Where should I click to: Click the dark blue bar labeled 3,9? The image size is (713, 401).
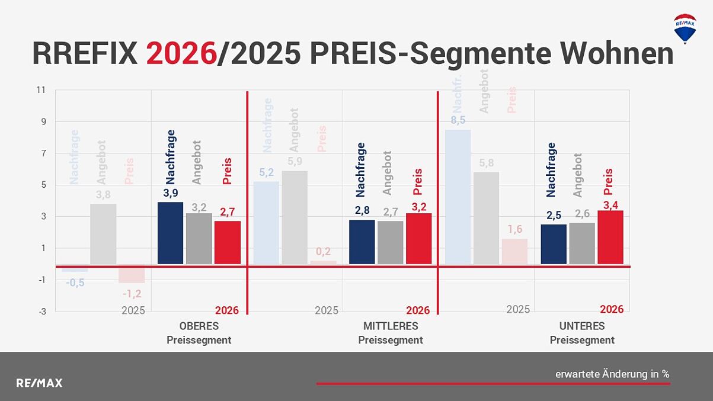(x=170, y=233)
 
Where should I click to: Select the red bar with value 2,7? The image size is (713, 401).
(x=227, y=242)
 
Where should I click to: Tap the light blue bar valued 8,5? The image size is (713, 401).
(x=458, y=197)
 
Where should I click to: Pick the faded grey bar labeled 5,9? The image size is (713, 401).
(x=295, y=217)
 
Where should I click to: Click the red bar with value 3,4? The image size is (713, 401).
(x=610, y=237)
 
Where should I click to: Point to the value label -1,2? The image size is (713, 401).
(x=132, y=294)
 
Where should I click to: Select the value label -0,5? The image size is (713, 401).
(x=75, y=283)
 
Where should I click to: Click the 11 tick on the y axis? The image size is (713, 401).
(x=41, y=90)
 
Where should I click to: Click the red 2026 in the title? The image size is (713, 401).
(x=181, y=53)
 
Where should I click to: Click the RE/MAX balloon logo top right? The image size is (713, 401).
(x=685, y=28)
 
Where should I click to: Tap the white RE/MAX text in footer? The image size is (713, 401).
(x=39, y=383)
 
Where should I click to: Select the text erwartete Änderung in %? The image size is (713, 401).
(x=612, y=374)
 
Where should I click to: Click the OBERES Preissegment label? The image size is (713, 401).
(x=199, y=333)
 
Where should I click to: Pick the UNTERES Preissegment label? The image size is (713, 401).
(x=581, y=333)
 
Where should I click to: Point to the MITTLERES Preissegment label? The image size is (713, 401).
(x=390, y=333)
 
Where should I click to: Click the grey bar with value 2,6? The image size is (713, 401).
(x=581, y=243)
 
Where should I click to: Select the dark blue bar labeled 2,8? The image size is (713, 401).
(x=362, y=242)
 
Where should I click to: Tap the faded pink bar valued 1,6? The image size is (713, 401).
(x=514, y=251)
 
